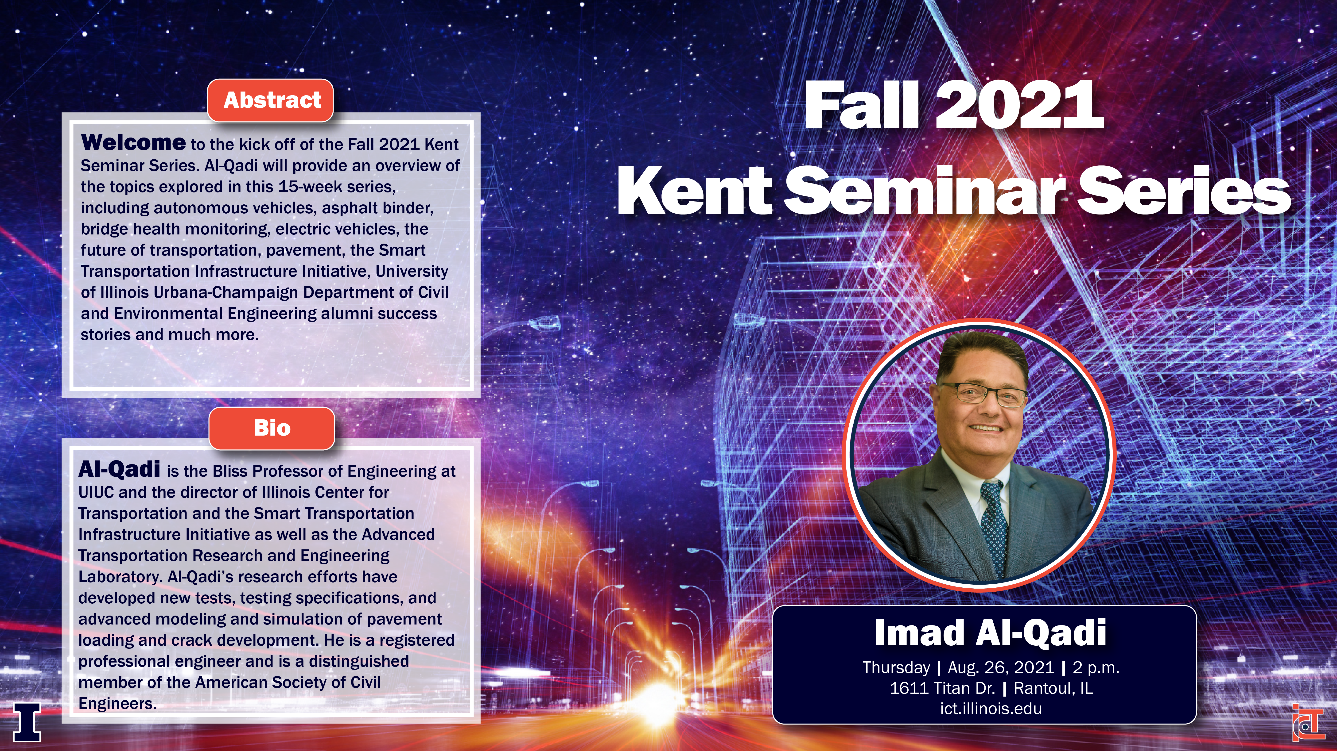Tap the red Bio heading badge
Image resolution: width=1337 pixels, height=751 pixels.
[x=272, y=428]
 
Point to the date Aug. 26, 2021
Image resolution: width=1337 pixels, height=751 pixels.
[x=1001, y=667]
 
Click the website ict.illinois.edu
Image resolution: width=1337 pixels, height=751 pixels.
[x=991, y=709]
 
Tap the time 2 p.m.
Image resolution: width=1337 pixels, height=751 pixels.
[x=1096, y=667]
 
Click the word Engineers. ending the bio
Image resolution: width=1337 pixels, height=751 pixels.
[x=117, y=704]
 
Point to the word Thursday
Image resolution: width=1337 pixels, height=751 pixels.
[x=896, y=667]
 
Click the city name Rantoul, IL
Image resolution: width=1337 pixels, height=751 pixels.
[x=1053, y=688]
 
